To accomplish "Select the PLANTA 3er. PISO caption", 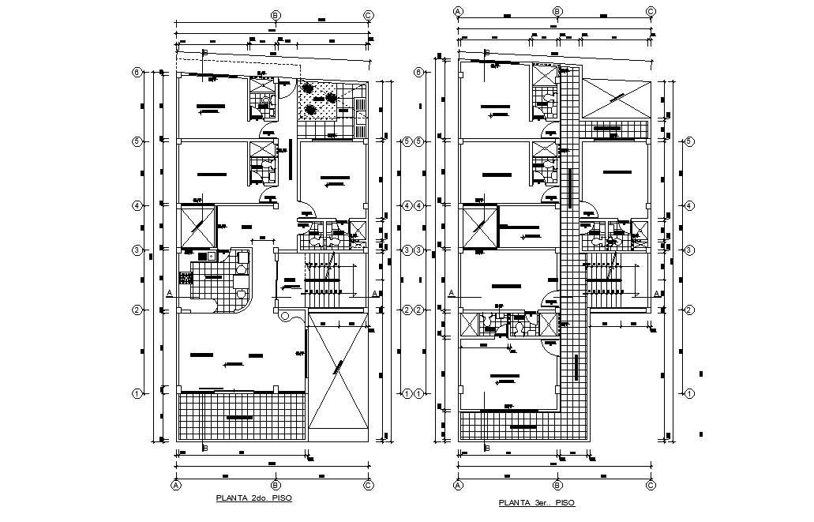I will click(536, 502).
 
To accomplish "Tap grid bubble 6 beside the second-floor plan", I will click(137, 73).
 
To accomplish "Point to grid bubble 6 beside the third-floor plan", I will click(419, 73).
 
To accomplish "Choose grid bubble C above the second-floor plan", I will click(368, 15).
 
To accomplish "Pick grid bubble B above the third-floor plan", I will click(557, 11).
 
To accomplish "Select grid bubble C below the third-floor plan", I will click(651, 486).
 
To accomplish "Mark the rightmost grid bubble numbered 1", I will click(689, 393).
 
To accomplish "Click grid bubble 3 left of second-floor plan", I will click(137, 250).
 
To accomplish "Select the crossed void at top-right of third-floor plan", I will click(617, 99).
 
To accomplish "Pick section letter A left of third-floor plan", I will click(451, 293).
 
